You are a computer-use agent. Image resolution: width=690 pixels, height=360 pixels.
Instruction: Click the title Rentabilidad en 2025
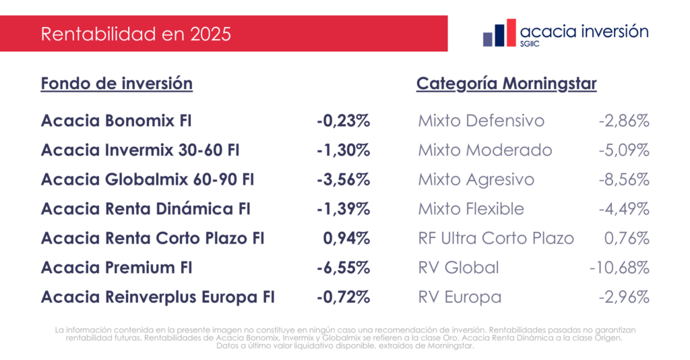pyautogui.click(x=135, y=34)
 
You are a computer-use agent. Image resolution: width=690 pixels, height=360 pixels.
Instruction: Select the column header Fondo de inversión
pyautogui.click(x=117, y=84)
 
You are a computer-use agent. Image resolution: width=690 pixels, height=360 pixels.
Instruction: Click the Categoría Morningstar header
pyautogui.click(x=506, y=84)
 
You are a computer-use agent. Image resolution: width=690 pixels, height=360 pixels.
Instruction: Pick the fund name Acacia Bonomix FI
pyautogui.click(x=117, y=121)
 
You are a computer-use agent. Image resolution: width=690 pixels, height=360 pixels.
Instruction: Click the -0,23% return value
pyautogui.click(x=344, y=121)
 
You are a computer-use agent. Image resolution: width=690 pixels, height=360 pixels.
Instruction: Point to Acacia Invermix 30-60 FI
pyautogui.click(x=140, y=150)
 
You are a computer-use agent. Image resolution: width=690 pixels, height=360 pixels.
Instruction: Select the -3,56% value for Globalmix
pyautogui.click(x=344, y=180)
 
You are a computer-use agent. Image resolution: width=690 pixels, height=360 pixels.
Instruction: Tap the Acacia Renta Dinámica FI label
pyautogui.click(x=146, y=209)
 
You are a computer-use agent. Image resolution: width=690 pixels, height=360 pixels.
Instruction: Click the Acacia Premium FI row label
pyautogui.click(x=117, y=268)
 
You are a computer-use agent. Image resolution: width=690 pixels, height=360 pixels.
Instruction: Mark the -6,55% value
pyautogui.click(x=344, y=268)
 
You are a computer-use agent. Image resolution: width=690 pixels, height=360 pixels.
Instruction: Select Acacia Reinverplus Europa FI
pyautogui.click(x=158, y=297)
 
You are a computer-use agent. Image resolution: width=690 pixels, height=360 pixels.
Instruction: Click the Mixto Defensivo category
pyautogui.click(x=481, y=121)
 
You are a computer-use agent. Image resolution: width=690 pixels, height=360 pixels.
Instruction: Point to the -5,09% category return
pyautogui.click(x=624, y=150)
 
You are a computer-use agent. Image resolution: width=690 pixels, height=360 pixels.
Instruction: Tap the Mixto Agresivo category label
pyautogui.click(x=476, y=180)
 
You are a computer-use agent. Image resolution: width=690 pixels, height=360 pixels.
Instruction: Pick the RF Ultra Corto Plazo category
pyautogui.click(x=496, y=238)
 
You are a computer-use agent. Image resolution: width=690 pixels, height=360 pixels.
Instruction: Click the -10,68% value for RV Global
pyautogui.click(x=619, y=268)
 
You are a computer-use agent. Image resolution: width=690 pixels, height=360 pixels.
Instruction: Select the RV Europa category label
pyautogui.click(x=460, y=297)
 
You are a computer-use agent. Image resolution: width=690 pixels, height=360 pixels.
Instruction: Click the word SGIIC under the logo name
pyautogui.click(x=532, y=44)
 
